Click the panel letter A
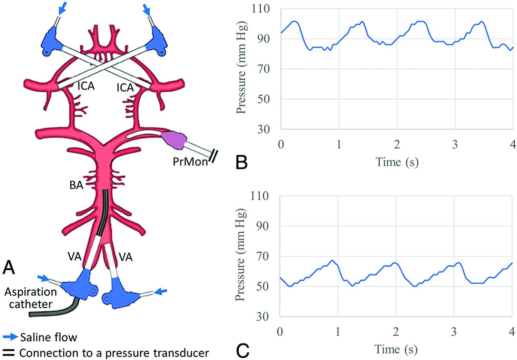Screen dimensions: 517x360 (x=9, y=267)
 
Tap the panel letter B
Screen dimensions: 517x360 (x=242, y=162)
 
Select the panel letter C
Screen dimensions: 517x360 (x=243, y=351)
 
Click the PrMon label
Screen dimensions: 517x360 (x=190, y=162)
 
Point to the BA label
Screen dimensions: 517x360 (x=76, y=185)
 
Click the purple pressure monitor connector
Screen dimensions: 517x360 (x=173, y=139)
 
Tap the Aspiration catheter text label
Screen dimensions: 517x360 (x=30, y=298)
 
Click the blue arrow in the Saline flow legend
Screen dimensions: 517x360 (x=11, y=337)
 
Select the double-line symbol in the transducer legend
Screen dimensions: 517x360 (x=8, y=353)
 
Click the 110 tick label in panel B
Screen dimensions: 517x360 (x=261, y=9)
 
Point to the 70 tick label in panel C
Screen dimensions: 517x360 (x=263, y=256)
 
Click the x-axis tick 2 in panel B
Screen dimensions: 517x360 (x=397, y=144)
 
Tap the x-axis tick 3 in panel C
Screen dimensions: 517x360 (x=454, y=332)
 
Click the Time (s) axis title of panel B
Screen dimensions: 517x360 (x=397, y=162)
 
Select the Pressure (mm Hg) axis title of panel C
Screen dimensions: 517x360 (x=240, y=255)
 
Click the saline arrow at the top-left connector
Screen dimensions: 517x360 (x=62, y=8)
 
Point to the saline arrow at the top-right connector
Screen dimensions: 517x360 (x=147, y=9)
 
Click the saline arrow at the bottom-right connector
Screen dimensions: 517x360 (x=160, y=292)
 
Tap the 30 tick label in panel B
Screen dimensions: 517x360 (x=264, y=129)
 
